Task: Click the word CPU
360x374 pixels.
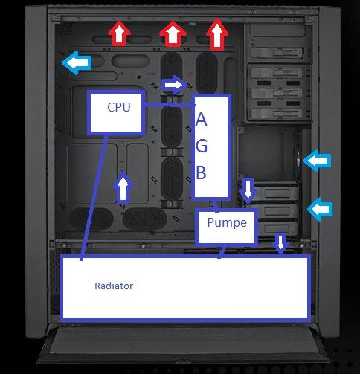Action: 119,107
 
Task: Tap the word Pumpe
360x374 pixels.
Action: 227,222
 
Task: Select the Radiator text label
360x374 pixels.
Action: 114,286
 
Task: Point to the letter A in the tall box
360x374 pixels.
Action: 201,119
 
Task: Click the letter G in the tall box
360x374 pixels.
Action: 202,146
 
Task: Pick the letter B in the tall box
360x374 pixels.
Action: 201,173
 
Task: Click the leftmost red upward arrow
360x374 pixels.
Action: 119,33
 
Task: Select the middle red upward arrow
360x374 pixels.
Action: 173,34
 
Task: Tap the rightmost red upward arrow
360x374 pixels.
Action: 217,34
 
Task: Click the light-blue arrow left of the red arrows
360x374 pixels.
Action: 77,63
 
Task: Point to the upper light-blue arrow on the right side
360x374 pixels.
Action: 317,161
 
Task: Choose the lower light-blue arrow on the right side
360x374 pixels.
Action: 320,209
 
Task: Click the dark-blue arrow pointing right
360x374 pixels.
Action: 174,85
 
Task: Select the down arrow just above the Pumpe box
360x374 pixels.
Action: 248,190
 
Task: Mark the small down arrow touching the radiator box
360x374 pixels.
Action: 280,243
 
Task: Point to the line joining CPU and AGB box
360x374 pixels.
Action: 168,104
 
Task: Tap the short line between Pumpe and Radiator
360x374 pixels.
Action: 222,252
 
